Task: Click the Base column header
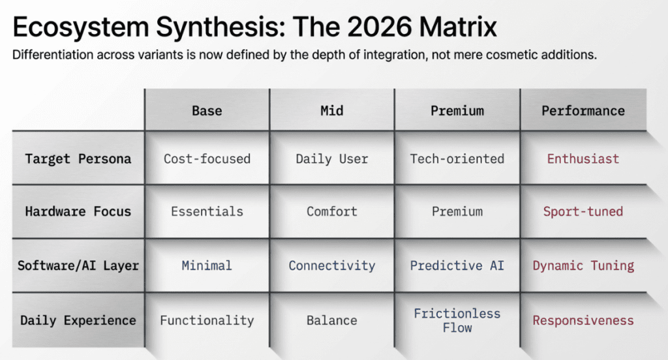[x=207, y=110]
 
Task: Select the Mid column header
[x=332, y=110]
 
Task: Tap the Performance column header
[x=583, y=110]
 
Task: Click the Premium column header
[x=457, y=110]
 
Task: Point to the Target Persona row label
[x=78, y=158]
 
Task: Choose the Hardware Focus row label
[x=78, y=211]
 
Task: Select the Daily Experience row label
[x=78, y=320]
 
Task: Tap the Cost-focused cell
[x=207, y=158]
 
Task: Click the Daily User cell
[x=332, y=158]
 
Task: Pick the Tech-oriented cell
[x=457, y=158]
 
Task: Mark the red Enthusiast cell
[x=583, y=158]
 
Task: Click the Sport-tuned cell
[x=583, y=211]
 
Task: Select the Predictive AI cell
[x=457, y=265]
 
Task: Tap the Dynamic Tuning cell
[x=583, y=265]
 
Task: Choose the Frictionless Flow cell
[x=457, y=320]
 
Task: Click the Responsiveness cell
[x=583, y=320]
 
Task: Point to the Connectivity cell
[x=332, y=265]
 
